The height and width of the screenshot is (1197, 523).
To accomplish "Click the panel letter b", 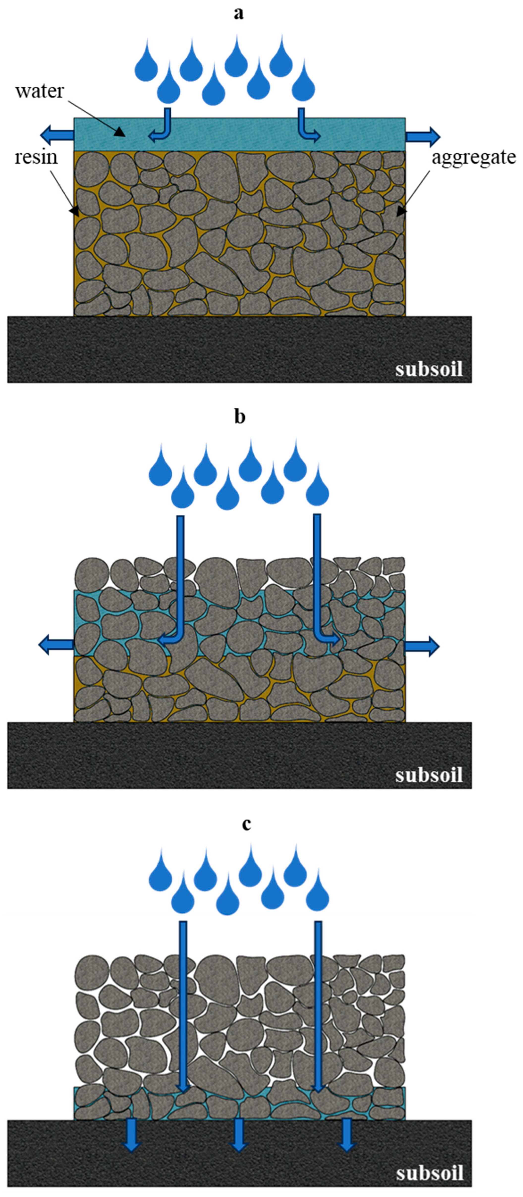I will (239, 417).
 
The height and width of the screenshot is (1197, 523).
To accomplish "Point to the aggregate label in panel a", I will (474, 158).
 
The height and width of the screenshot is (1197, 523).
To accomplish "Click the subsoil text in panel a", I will (429, 369).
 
